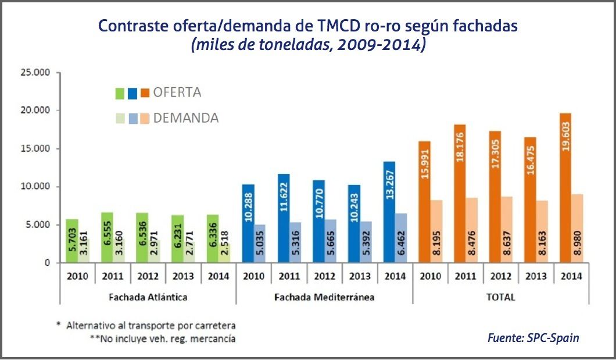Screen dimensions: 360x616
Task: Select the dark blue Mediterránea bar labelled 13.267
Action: click(389, 212)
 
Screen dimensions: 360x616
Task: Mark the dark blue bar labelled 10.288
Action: click(248, 223)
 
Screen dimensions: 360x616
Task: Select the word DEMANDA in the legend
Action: click(186, 118)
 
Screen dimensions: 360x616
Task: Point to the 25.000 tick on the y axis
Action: click(36, 73)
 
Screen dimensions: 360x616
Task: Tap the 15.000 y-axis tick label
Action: click(36, 149)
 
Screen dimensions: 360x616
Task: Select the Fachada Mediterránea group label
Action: click(325, 297)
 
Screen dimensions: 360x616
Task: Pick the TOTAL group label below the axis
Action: click(502, 297)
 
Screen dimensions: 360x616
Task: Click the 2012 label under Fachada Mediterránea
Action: click(325, 276)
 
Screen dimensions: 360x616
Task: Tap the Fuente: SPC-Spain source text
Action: click(534, 338)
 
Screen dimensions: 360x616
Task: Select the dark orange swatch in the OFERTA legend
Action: click(145, 92)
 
